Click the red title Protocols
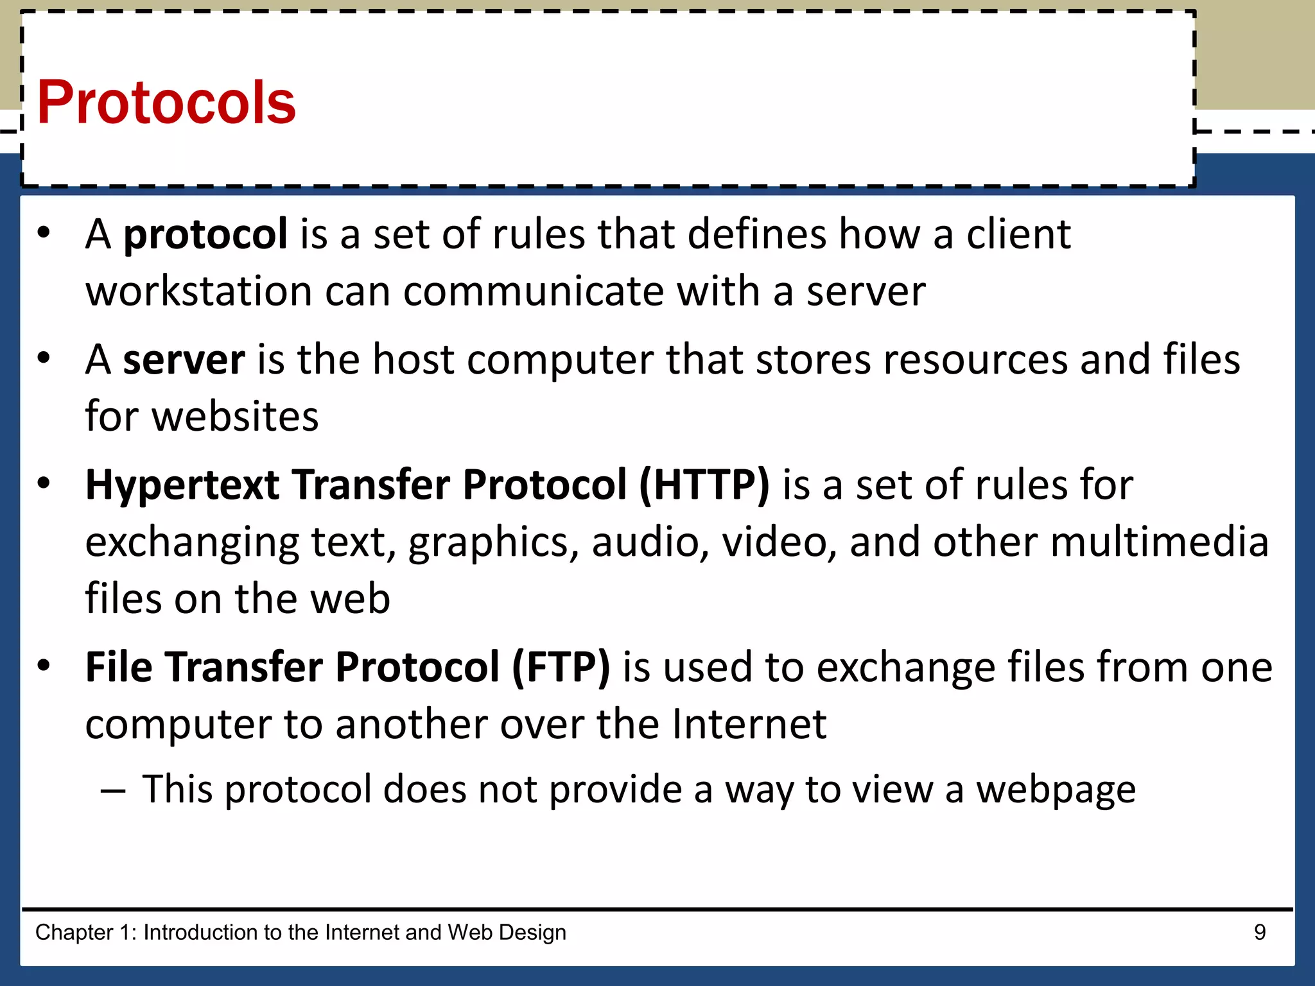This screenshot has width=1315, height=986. coord(166,103)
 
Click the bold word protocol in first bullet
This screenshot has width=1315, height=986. coord(205,234)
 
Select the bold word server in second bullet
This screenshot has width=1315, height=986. coord(184,359)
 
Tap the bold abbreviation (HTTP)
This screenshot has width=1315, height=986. coord(704,485)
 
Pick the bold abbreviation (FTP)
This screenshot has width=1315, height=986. coord(561,668)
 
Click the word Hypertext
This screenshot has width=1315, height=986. coord(182,486)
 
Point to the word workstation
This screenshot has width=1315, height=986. coord(199,292)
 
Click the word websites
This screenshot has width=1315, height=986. coord(235,417)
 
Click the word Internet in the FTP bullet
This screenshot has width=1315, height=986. coord(749,725)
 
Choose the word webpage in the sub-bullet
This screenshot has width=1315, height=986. coord(1056,790)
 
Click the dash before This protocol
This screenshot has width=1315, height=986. coord(113,791)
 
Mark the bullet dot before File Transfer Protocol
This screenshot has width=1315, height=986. coord(44,666)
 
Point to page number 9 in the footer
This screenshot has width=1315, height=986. coord(1260,932)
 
